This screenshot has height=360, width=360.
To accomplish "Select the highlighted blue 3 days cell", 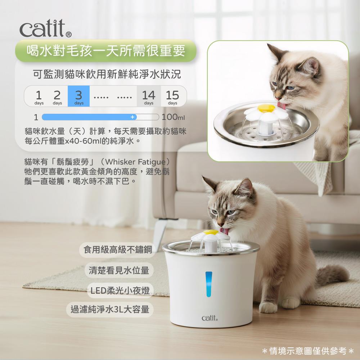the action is click(x=78, y=96).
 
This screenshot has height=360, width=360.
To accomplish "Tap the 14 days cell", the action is click(x=149, y=96).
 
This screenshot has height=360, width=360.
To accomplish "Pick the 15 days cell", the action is click(x=173, y=96).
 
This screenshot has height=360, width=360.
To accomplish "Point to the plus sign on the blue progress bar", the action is click(x=132, y=117).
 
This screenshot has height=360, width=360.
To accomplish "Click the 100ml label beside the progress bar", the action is click(x=173, y=117).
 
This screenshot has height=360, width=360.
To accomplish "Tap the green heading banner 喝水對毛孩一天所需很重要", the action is click(x=106, y=51).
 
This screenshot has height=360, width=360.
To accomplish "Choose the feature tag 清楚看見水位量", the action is click(x=119, y=270).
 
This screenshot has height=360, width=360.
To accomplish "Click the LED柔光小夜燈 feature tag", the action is click(x=120, y=291).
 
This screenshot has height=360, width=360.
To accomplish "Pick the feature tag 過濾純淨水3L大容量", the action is click(x=110, y=310).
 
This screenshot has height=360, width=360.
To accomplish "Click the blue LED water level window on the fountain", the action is click(x=209, y=284).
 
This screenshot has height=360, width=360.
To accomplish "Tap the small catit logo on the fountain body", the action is click(x=210, y=318).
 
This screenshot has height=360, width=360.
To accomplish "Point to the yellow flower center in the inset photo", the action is click(x=266, y=108).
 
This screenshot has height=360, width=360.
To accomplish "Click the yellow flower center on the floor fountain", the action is click(x=211, y=232).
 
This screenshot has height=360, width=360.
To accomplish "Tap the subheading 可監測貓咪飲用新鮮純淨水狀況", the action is click(x=107, y=74).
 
